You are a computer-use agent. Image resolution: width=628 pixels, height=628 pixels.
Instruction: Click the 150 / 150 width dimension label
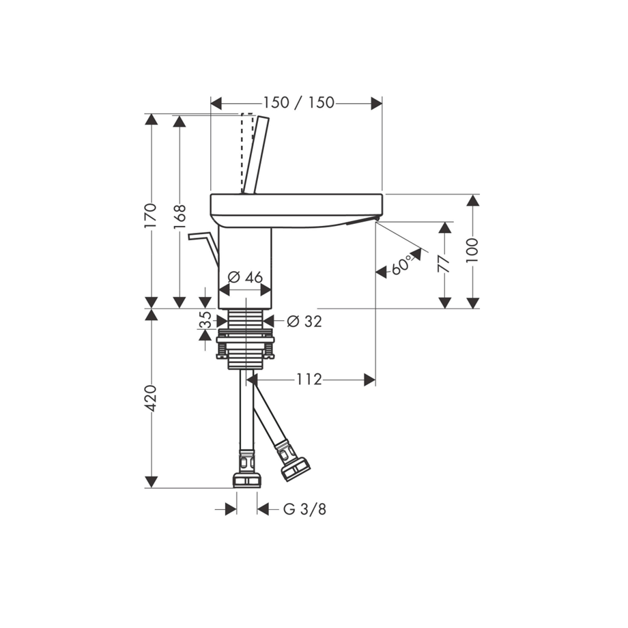tap(298, 103)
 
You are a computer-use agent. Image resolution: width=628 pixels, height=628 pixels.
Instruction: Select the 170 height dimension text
tap(151, 216)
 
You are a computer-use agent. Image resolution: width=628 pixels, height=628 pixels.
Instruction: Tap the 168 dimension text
tap(180, 216)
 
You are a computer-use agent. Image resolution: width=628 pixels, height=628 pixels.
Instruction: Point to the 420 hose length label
tap(151, 398)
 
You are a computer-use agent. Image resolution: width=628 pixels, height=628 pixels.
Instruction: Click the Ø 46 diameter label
tap(244, 276)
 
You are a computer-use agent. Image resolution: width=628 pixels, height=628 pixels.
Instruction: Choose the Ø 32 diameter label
tap(304, 321)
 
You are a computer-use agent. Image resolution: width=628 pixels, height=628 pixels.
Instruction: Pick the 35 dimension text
tap(205, 319)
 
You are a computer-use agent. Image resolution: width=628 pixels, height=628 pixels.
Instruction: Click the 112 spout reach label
tap(309, 379)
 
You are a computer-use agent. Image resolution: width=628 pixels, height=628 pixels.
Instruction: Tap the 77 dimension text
tap(444, 265)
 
